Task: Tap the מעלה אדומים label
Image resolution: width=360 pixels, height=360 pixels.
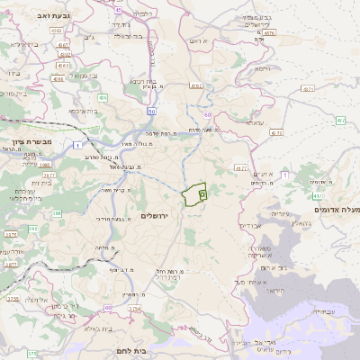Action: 335,209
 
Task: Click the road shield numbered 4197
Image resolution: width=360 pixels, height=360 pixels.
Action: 196,85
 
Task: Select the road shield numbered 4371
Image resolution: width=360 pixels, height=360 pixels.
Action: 308,89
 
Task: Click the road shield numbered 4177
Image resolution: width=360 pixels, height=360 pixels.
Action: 240,167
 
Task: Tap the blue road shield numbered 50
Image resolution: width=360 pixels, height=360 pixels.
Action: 152,111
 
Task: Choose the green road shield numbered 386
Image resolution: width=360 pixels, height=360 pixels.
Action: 56,213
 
